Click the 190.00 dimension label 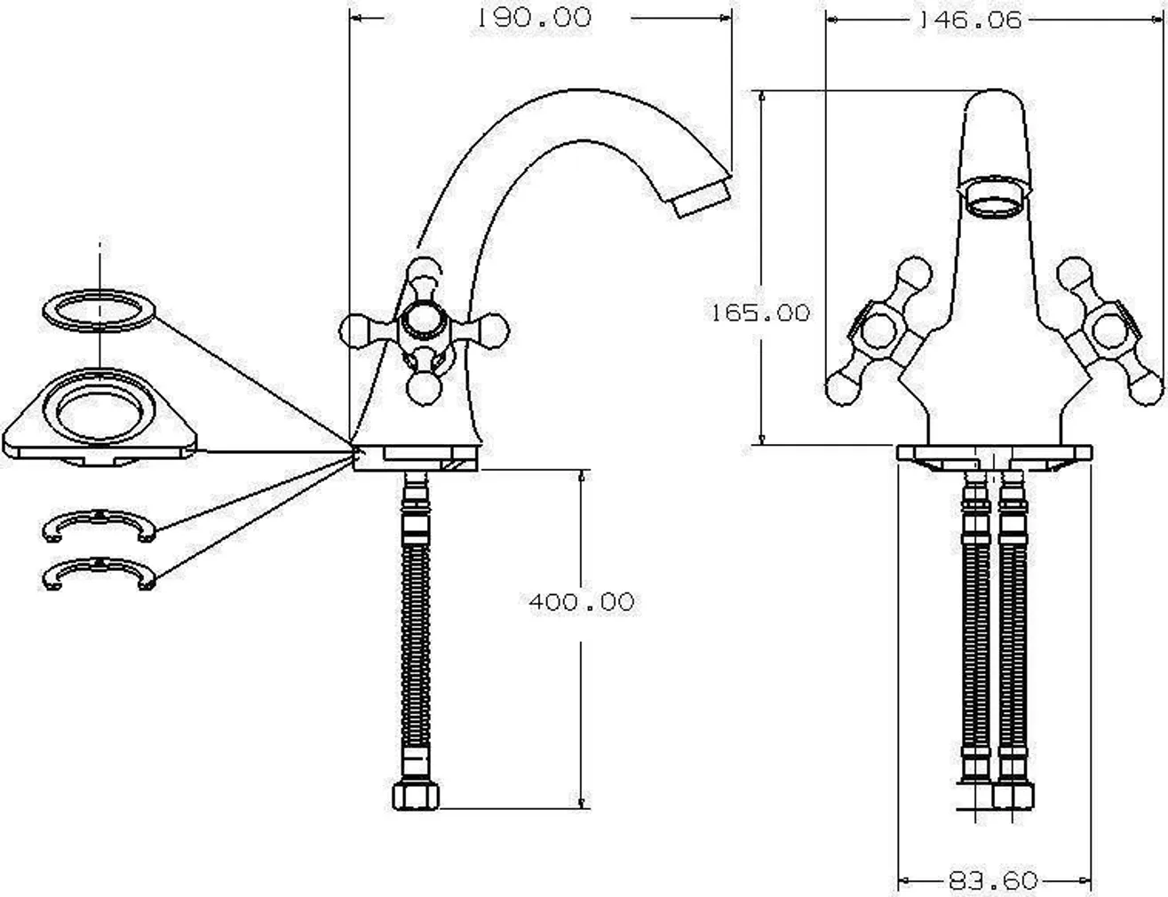pos(534,18)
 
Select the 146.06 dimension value pos(969,20)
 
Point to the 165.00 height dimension pos(759,313)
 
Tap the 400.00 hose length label pos(582,602)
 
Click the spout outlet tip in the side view pos(701,195)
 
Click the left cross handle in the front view pos(879,333)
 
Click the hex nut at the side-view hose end pos(416,795)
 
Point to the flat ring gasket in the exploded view pos(99,310)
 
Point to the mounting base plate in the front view pos(993,453)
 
